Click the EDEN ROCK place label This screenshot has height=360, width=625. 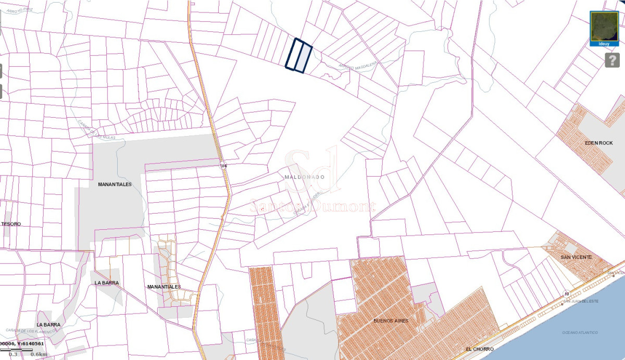598,143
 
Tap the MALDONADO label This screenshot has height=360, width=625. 305,177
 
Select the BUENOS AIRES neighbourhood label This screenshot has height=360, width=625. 391,321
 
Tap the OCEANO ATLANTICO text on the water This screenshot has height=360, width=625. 580,332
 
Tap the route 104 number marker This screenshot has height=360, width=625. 223,166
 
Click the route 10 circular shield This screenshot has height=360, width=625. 566,294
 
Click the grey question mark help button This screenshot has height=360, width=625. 612,60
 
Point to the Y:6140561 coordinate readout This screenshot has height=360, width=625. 30,344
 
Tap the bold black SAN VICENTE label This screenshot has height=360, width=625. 576,257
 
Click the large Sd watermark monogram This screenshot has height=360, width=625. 312,169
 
